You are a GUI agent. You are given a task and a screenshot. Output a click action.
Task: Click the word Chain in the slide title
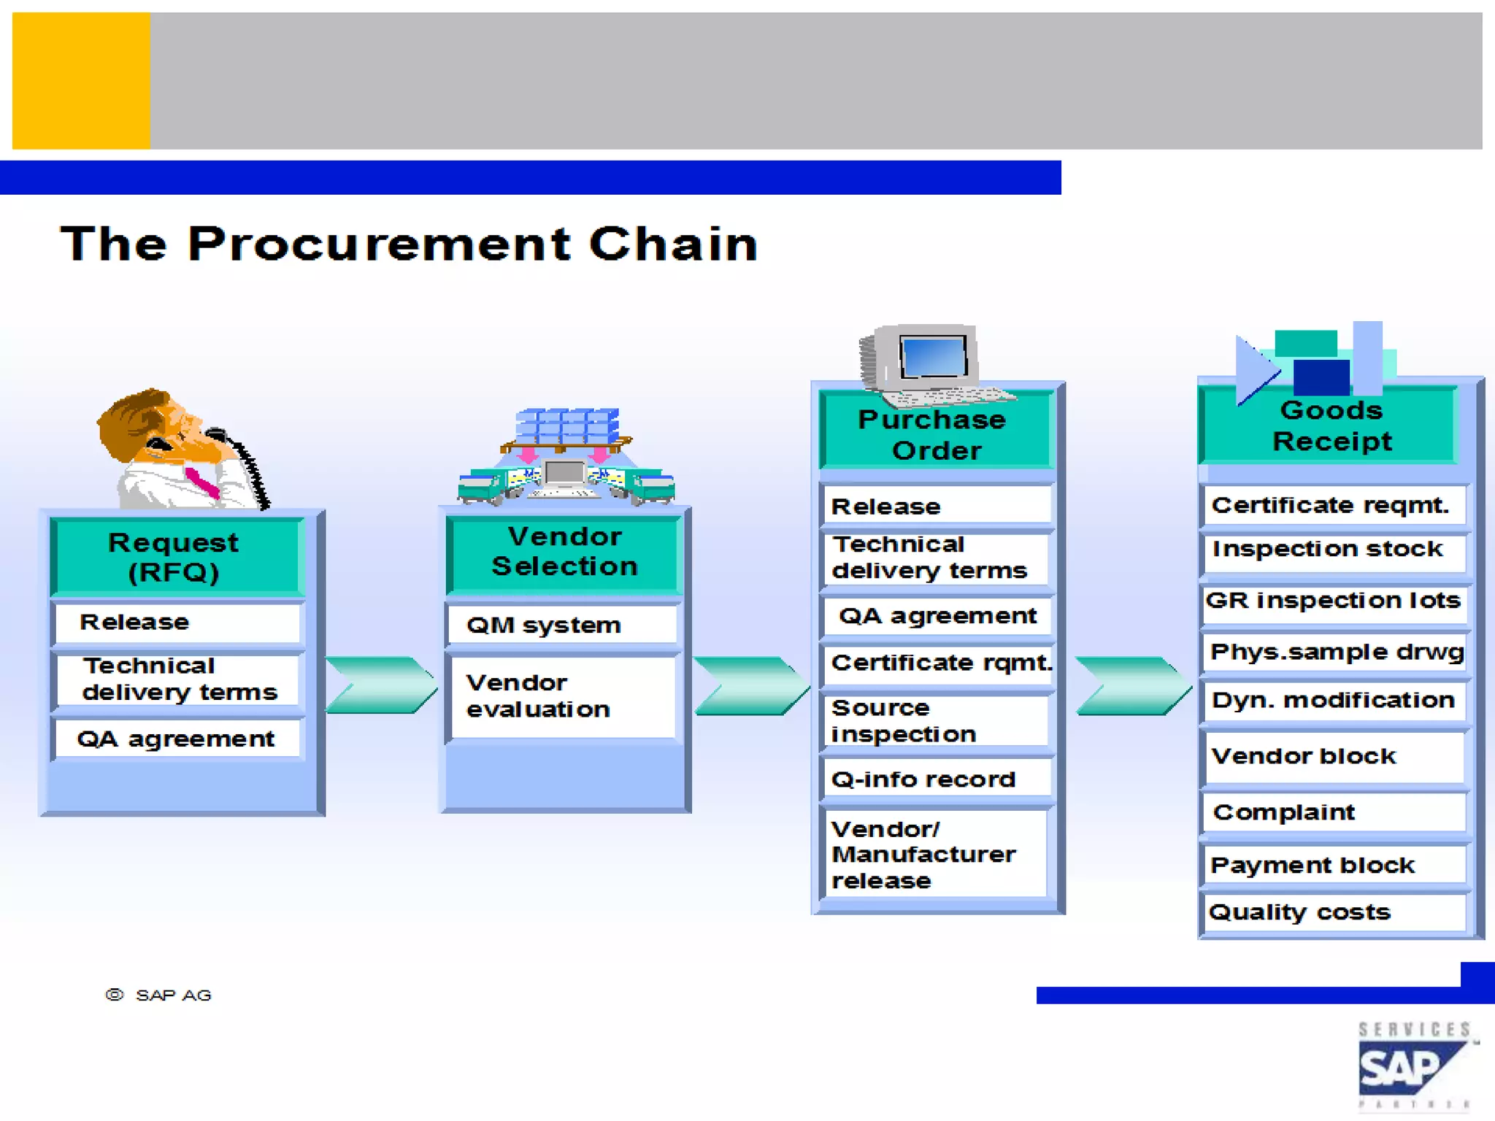673,244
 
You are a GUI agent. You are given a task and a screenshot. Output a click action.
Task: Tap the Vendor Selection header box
564,552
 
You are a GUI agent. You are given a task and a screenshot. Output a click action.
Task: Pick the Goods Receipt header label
1331,426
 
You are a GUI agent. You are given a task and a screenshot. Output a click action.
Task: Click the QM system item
544,625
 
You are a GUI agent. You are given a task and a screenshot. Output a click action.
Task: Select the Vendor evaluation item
539,696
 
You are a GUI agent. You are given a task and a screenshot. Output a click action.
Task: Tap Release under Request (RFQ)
135,622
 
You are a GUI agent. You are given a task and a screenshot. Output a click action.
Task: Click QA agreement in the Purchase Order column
937,616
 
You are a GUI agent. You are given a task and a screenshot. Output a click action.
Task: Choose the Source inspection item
904,721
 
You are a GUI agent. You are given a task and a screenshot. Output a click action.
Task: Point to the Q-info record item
923,779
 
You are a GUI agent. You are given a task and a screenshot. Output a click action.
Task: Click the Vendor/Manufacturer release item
923,855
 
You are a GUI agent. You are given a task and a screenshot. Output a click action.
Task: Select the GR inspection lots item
1333,601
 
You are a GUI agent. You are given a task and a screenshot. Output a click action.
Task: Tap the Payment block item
1313,866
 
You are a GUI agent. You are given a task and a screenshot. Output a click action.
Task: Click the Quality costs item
1300,912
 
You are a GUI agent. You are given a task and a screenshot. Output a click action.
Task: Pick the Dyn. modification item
1333,700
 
